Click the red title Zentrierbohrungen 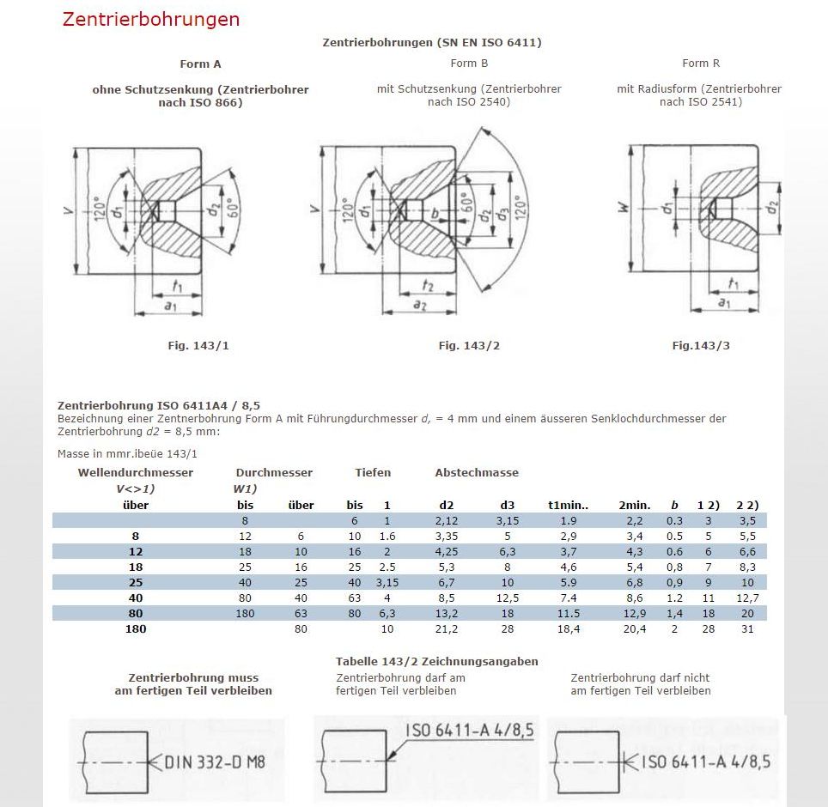pyautogui.click(x=150, y=19)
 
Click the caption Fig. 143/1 pyautogui.click(x=198, y=345)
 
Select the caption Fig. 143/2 pyautogui.click(x=468, y=345)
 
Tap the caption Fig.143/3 pyautogui.click(x=701, y=345)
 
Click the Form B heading pyautogui.click(x=469, y=63)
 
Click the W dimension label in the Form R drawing pyautogui.click(x=622, y=206)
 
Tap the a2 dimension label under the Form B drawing pyautogui.click(x=419, y=305)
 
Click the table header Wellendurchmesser pyautogui.click(x=136, y=472)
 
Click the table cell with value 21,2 pyautogui.click(x=447, y=628)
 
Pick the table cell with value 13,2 pyautogui.click(x=447, y=613)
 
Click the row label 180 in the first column pyautogui.click(x=136, y=628)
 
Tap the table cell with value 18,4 pyautogui.click(x=569, y=628)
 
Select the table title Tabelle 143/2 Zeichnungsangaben pyautogui.click(x=436, y=661)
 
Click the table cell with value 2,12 pyautogui.click(x=447, y=520)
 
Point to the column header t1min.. pyautogui.click(x=568, y=505)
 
